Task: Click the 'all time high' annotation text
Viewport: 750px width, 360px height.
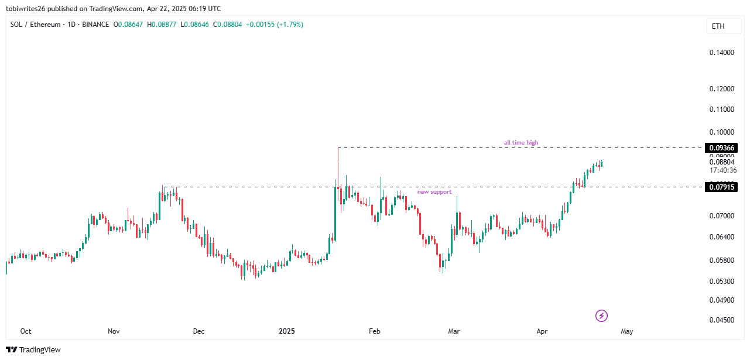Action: (x=520, y=142)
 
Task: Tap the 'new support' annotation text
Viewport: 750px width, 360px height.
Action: (x=434, y=192)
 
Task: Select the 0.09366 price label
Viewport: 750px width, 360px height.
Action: (x=721, y=148)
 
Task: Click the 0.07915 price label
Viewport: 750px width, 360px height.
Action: (x=721, y=187)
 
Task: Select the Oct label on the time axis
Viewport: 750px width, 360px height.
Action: (x=26, y=331)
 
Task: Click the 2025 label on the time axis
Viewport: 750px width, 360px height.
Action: (x=286, y=331)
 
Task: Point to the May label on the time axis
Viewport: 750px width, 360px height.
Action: (x=627, y=331)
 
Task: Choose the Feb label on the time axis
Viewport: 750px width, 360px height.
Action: (x=375, y=331)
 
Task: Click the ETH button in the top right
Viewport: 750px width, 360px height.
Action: (x=718, y=26)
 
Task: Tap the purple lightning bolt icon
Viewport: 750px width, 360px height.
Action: (x=601, y=316)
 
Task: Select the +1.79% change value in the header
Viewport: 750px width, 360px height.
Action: (x=290, y=25)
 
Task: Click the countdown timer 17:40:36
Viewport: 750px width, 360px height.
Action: (x=722, y=170)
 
